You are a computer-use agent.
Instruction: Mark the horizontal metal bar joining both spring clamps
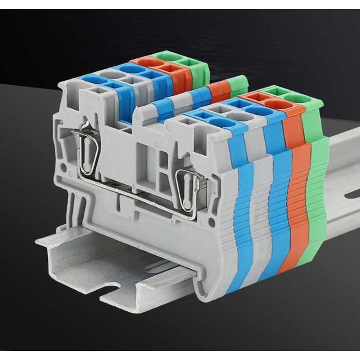point(137,191)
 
